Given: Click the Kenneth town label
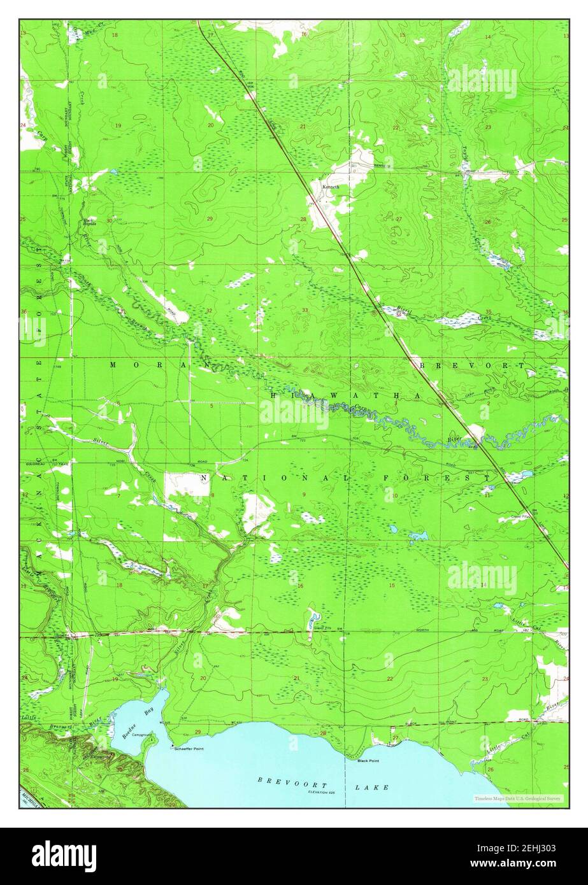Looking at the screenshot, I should (x=331, y=187).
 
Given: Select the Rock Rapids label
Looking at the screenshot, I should (x=89, y=222).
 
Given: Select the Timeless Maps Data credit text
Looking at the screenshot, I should (x=518, y=798).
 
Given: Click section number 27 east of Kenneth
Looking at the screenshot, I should (x=399, y=218).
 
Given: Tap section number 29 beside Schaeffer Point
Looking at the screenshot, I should (x=197, y=732).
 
